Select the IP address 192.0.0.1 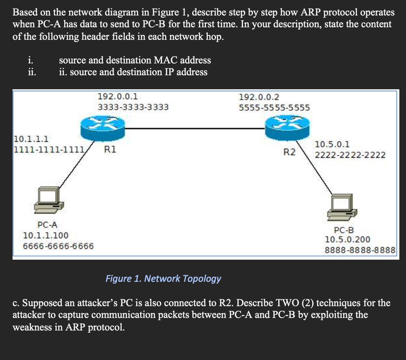click(x=118, y=97)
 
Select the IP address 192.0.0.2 click(x=259, y=97)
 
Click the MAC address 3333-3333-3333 click(x=133, y=107)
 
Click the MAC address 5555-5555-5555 click(x=274, y=108)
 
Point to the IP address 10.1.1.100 click(x=45, y=235)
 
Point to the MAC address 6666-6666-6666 click(x=58, y=246)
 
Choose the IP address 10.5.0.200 click(x=347, y=240)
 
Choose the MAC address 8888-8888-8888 click(x=360, y=250)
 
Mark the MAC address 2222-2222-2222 click(x=350, y=155)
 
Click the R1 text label click(x=110, y=149)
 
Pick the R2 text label click(x=289, y=152)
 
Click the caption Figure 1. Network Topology click(x=163, y=278)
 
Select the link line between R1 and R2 click(x=195, y=128)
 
